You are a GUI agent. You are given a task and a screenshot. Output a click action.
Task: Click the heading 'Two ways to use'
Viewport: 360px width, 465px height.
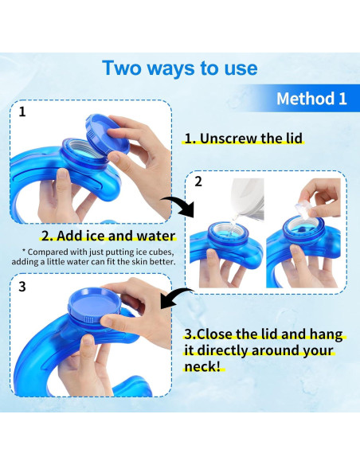click(179, 68)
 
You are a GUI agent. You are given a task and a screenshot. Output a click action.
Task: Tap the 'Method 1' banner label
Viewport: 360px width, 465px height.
click(311, 99)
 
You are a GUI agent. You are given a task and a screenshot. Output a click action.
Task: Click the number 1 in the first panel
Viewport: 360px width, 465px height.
click(22, 112)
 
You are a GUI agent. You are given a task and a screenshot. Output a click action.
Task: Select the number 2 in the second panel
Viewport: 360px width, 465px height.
click(198, 182)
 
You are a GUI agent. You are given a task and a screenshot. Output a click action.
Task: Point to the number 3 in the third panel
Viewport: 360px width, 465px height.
click(22, 286)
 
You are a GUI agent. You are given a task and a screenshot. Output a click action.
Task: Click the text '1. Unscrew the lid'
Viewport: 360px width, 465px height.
click(244, 139)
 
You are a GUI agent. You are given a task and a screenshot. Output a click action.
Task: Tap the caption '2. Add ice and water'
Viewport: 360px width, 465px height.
click(108, 236)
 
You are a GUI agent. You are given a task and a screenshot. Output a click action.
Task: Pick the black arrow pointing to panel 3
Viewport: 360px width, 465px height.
click(180, 300)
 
